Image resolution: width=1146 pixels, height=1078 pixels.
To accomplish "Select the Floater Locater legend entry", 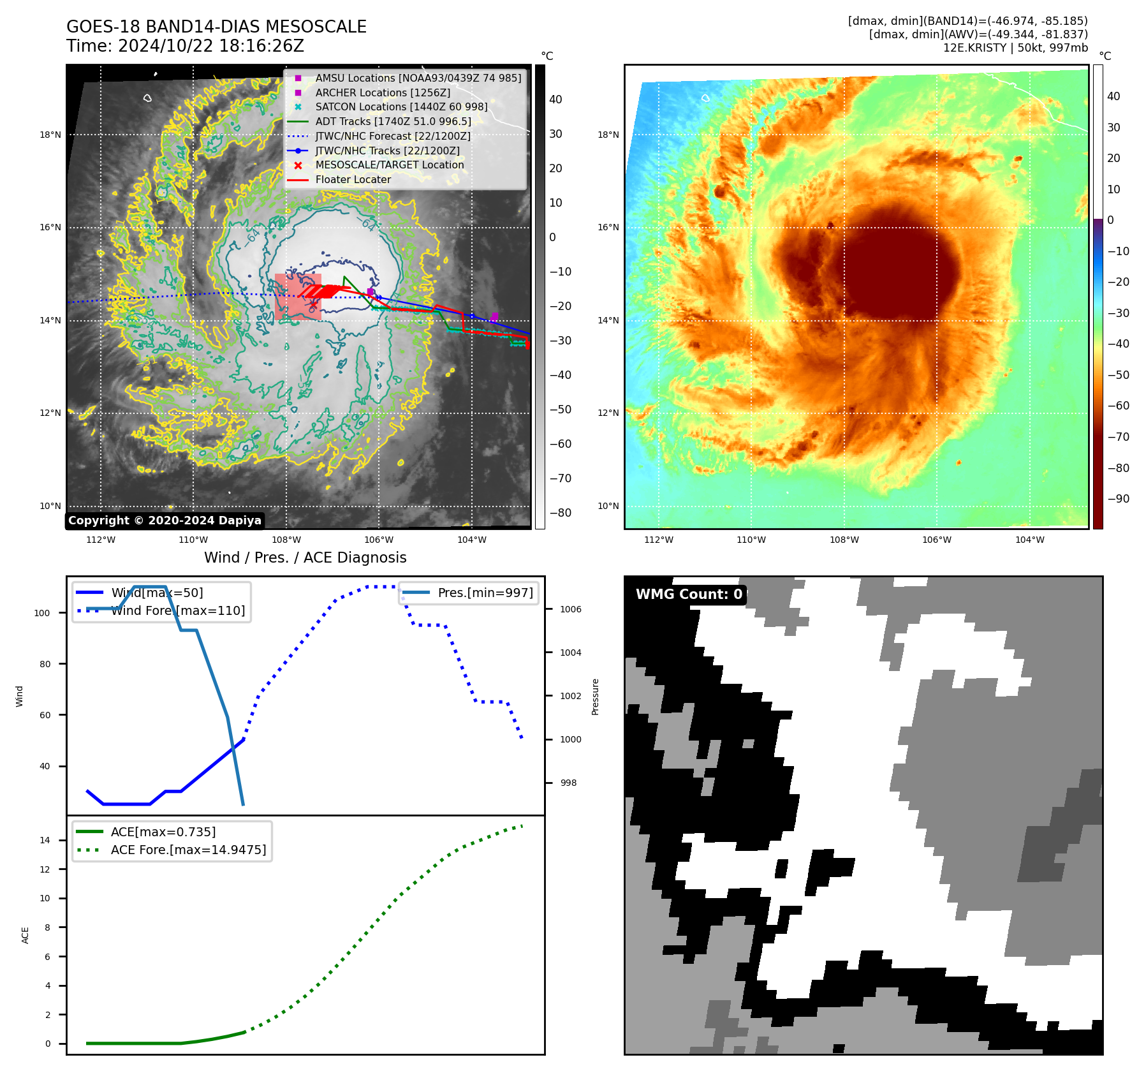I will point(353,179).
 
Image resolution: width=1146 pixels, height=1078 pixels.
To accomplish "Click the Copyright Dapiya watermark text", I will point(165,521).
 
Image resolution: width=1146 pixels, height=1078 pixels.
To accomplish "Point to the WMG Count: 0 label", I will point(689,594).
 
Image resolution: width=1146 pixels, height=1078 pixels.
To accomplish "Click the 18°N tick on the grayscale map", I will point(50,135).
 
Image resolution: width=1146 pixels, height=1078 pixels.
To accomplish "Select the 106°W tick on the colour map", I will point(937,540).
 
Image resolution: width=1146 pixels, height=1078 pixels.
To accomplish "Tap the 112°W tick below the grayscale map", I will point(101,540).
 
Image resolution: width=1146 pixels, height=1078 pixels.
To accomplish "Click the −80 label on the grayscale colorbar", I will point(561,512).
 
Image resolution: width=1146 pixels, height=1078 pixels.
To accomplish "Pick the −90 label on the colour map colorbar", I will point(1119,499).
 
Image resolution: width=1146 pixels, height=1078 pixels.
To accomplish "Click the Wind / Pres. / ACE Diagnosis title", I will point(305,557).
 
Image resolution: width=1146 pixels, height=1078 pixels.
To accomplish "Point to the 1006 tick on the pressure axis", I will point(571,609).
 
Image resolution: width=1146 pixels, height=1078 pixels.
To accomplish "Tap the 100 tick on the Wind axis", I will point(42,613).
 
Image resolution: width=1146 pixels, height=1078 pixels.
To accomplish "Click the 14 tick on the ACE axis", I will point(45,840).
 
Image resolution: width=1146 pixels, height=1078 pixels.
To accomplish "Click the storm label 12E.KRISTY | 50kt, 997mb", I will point(1015,47).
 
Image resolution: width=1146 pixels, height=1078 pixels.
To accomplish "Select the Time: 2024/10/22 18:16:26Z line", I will point(185,46).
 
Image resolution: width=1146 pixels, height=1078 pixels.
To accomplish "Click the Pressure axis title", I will point(595,697).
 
